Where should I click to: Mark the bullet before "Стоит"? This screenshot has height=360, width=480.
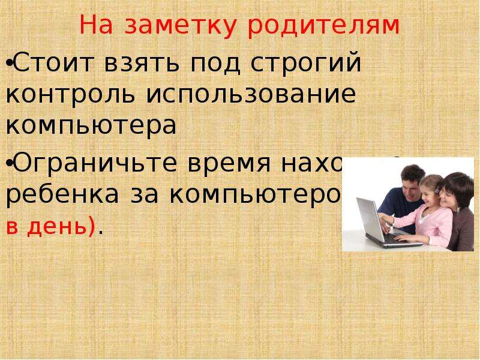point(9,64)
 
